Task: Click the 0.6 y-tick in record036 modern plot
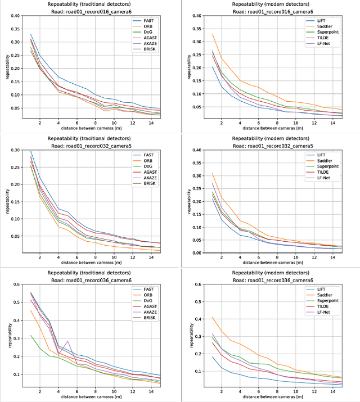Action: (x=197, y=284)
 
